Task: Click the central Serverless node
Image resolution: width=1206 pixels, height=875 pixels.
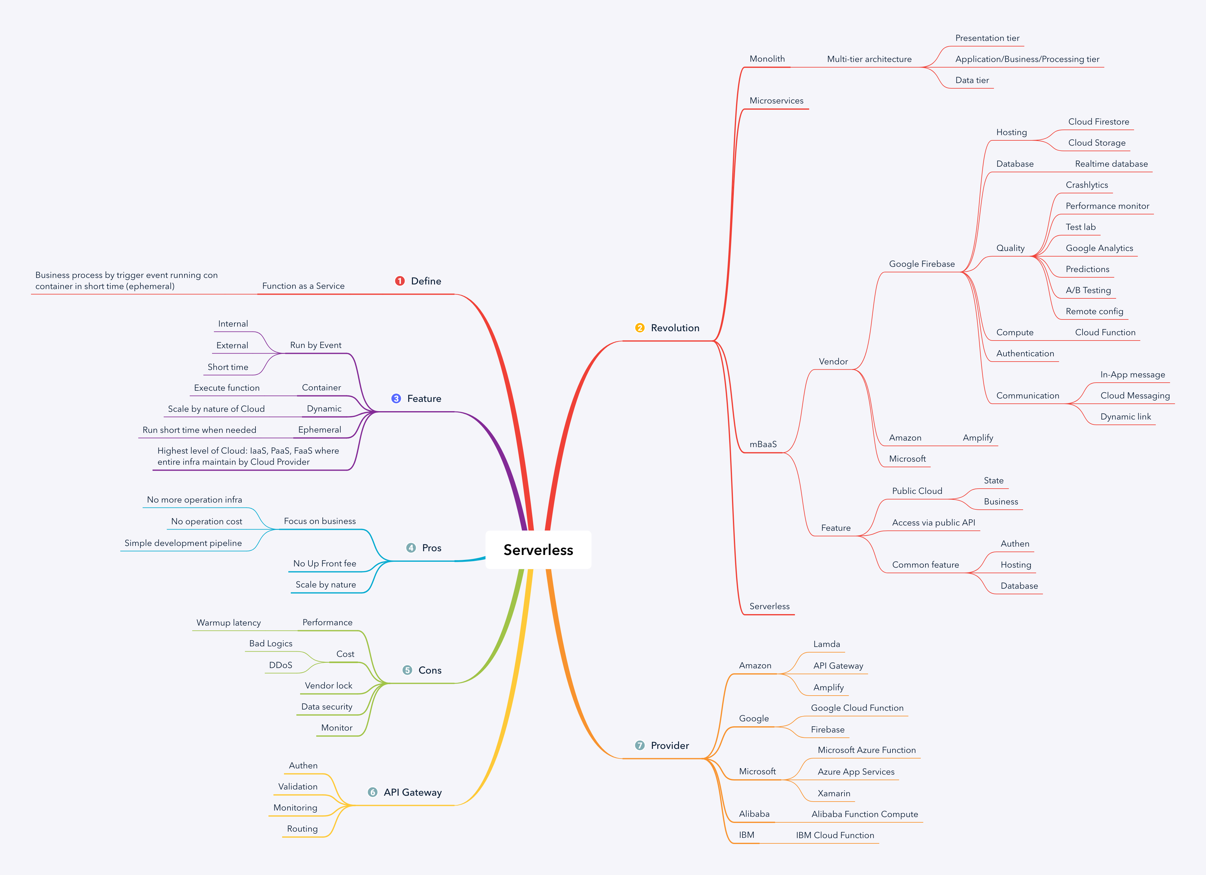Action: point(538,550)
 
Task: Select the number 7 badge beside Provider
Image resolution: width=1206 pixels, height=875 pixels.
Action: point(640,745)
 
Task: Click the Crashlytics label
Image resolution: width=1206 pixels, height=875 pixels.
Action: point(1086,185)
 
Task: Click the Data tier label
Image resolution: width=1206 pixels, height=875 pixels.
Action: point(972,80)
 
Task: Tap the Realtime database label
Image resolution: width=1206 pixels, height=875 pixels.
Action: point(1111,164)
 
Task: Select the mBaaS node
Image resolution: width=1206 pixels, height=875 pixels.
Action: point(763,444)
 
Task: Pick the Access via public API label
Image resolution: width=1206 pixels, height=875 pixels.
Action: point(933,523)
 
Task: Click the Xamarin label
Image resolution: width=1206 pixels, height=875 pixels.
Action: point(833,793)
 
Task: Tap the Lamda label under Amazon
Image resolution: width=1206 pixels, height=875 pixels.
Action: point(826,644)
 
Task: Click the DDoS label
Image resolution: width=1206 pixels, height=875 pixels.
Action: point(280,665)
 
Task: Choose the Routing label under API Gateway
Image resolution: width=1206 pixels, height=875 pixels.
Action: point(302,829)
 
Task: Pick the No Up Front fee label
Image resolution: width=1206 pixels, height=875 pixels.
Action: point(324,564)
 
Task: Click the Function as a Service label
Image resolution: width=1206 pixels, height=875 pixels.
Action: point(303,286)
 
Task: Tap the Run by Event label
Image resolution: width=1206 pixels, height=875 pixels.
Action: point(315,345)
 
